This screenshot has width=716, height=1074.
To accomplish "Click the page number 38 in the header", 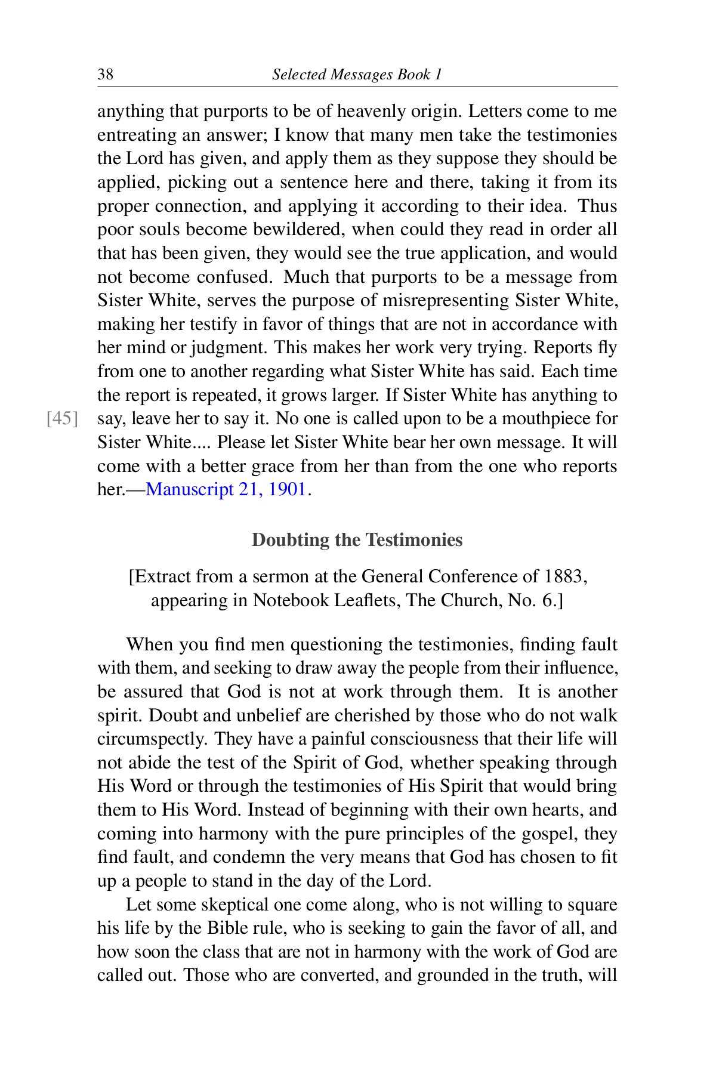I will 105,75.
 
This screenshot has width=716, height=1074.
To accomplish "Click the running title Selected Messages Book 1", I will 357,75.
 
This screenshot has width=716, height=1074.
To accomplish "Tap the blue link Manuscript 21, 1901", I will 226,490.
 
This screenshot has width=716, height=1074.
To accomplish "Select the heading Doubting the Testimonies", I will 357,540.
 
